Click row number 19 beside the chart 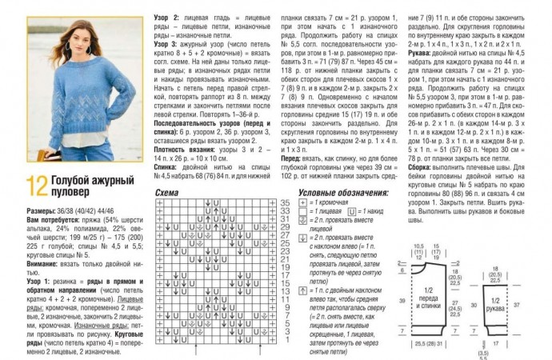[x=284, y=274]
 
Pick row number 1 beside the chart [x=284, y=352]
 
